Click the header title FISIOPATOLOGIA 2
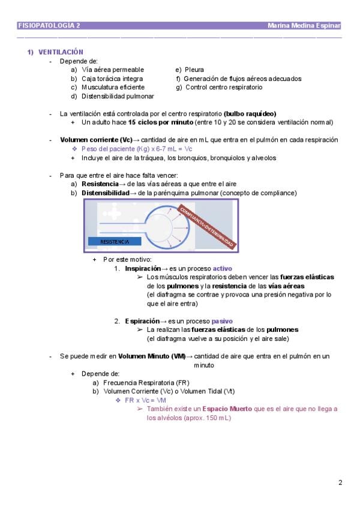(x=49, y=26)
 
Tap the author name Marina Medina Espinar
(x=304, y=26)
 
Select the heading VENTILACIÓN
(x=61, y=52)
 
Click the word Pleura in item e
(x=194, y=70)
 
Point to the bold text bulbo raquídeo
(x=250, y=114)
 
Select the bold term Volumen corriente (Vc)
(x=96, y=140)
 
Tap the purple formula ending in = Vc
(x=137, y=149)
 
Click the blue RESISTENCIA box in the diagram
(x=115, y=241)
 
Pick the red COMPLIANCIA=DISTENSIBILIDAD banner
(x=207, y=227)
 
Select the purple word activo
(x=223, y=269)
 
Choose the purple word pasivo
(x=222, y=321)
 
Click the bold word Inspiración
(x=143, y=269)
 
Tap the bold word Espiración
(x=142, y=321)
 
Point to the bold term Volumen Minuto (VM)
(x=152, y=357)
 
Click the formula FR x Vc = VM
(x=145, y=400)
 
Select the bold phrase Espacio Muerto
(x=227, y=409)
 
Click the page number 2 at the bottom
(x=340, y=483)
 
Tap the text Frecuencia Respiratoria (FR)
(x=146, y=383)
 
